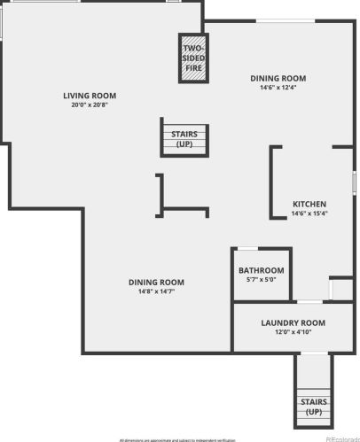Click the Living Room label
point(90,96)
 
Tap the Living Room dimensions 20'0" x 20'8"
point(90,105)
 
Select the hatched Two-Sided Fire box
point(192,59)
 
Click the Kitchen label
point(309,205)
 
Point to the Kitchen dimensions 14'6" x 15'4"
point(309,213)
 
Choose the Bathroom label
point(262,270)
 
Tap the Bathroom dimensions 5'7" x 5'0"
point(262,279)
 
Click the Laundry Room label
point(293,323)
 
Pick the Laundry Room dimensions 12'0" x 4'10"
point(293,332)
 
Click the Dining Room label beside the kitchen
point(278,78)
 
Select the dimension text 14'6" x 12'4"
point(278,87)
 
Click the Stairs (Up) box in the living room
point(184,138)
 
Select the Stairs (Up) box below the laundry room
point(314,407)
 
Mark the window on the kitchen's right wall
point(354,182)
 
